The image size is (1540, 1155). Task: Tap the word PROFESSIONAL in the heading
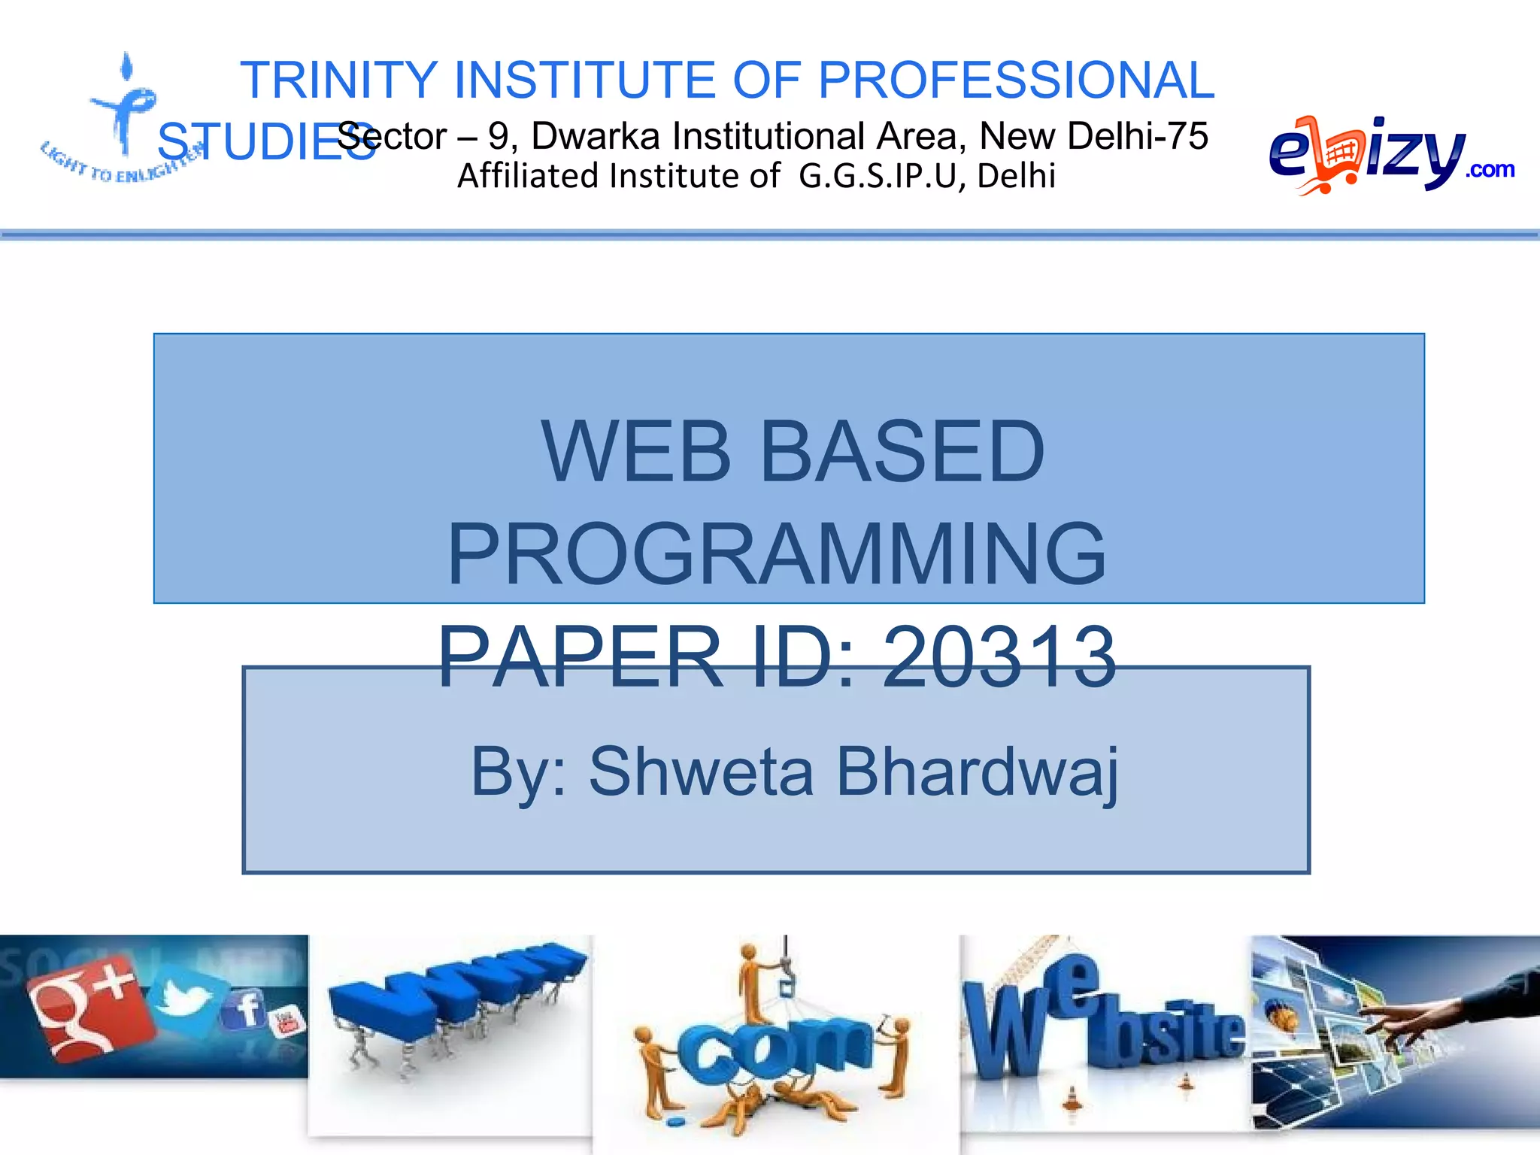pyautogui.click(x=1015, y=80)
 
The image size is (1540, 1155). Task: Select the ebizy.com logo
pyautogui.click(x=1387, y=154)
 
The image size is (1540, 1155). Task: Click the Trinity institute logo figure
pyautogui.click(x=124, y=113)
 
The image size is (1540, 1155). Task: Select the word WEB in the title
pyautogui.click(x=635, y=451)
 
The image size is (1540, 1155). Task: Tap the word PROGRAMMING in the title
pyautogui.click(x=777, y=554)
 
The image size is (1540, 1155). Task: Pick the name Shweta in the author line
pyautogui.click(x=701, y=772)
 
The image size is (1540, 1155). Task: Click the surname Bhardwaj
pyautogui.click(x=978, y=772)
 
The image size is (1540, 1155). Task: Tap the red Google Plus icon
pyautogui.click(x=86, y=1008)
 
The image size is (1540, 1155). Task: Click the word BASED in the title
pyautogui.click(x=902, y=451)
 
